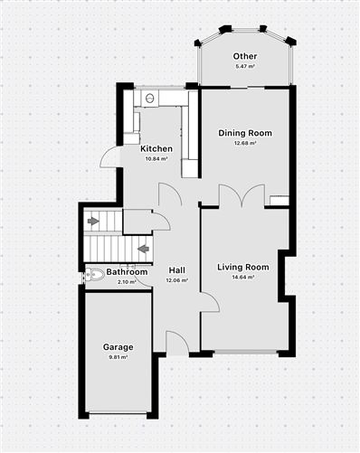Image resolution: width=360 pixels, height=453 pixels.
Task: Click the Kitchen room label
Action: pos(156,148)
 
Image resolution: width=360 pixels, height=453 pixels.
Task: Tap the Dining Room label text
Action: pos(244,133)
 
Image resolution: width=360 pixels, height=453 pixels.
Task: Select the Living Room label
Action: pos(243,267)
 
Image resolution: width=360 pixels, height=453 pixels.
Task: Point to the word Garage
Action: pos(118,347)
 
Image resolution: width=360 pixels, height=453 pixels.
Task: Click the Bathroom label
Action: pos(127,271)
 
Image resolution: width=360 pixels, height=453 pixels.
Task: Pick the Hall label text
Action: pos(177,270)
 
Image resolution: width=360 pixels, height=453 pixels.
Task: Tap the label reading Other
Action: pos(244,57)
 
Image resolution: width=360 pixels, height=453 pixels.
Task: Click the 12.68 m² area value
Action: pos(244,143)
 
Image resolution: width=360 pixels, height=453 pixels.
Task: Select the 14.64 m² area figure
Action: pos(243,277)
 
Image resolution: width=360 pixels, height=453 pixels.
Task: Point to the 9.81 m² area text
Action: pos(118,357)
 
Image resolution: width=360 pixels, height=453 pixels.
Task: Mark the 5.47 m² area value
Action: pos(244,67)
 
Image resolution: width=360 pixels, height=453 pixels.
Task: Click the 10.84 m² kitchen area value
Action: pos(156,158)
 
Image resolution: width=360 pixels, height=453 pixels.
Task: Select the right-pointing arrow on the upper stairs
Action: pos(93,220)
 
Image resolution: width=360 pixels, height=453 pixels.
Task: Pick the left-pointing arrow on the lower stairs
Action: pos(141,246)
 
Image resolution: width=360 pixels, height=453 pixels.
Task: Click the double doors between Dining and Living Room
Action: pos(242,196)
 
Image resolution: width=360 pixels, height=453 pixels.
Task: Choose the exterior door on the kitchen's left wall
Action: pos(109,157)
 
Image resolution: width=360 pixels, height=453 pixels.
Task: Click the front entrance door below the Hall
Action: pos(177,342)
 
